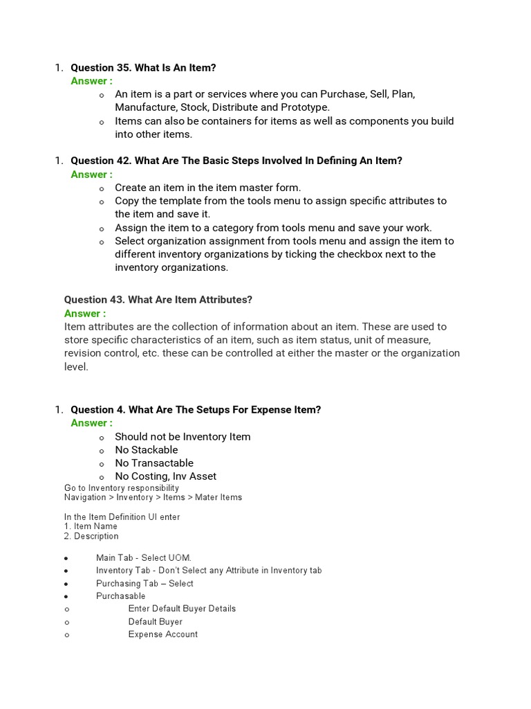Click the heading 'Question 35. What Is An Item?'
(x=143, y=68)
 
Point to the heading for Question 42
(x=236, y=161)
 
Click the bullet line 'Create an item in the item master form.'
(x=207, y=188)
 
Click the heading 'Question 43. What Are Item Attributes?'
(x=158, y=300)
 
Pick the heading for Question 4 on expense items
(x=196, y=410)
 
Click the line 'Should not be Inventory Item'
(x=183, y=437)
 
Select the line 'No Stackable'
(x=146, y=450)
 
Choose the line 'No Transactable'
(x=154, y=463)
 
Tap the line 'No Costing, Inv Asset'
(x=165, y=476)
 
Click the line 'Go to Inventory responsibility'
(x=122, y=488)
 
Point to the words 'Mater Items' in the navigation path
(x=218, y=497)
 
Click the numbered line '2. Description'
(x=91, y=536)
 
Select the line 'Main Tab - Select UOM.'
(x=143, y=558)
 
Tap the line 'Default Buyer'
(x=155, y=622)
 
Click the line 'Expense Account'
(x=162, y=634)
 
